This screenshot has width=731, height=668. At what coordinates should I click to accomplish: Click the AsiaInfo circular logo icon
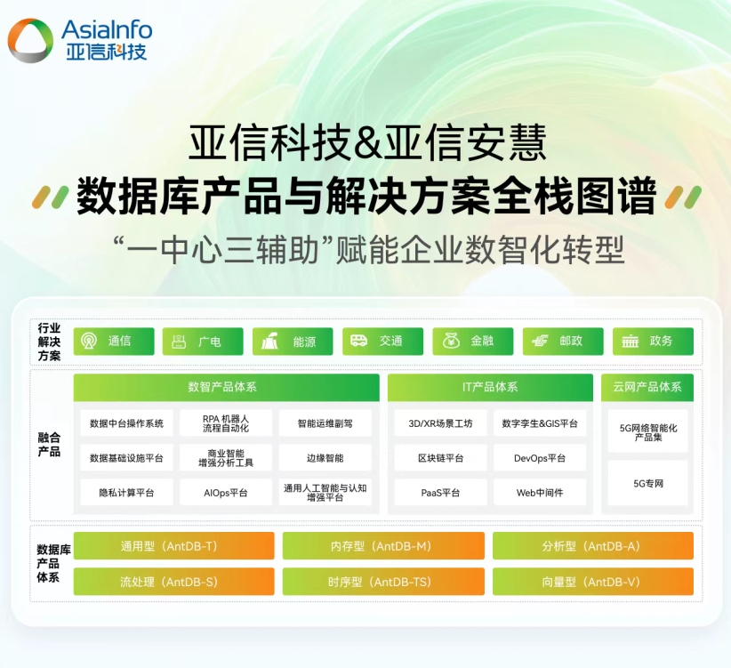pos(31,40)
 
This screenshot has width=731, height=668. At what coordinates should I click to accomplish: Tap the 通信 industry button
pos(114,342)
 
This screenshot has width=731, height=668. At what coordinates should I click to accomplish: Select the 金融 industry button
pos(473,342)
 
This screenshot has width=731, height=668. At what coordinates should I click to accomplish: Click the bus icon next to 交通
pos(358,341)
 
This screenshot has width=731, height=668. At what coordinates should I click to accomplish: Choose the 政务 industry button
pos(653,342)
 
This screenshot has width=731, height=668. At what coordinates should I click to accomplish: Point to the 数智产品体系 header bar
pos(227,387)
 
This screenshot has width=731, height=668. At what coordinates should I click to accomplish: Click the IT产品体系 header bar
pos(490,387)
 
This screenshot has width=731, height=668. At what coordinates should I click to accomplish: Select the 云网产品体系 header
pos(647,387)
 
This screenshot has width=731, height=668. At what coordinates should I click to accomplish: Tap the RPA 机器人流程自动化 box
pos(226,423)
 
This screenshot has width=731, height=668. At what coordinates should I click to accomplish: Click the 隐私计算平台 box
pos(126,492)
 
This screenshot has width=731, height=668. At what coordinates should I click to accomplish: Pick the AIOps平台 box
pos(226,492)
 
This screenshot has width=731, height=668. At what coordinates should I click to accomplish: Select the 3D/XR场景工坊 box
pos(440,423)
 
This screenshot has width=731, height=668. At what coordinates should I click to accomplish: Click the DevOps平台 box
pos(540,458)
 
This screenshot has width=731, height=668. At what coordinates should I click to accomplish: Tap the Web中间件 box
pos(540,492)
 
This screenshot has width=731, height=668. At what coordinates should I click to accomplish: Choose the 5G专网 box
pos(648,483)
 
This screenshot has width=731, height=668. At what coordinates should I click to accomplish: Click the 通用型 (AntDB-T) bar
pos(174,546)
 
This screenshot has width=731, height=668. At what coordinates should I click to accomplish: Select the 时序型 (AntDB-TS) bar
pos(383,582)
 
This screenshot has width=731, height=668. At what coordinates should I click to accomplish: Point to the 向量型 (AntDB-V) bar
pos(593,582)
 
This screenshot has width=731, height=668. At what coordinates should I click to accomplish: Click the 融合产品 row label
pos(49,444)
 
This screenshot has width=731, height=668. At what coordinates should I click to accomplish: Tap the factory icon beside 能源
pos(269,342)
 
